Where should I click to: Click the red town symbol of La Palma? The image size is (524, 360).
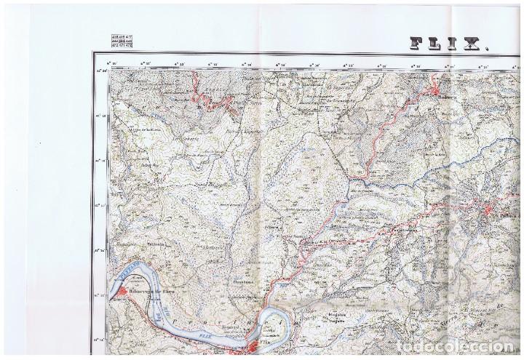coord(488,212)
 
